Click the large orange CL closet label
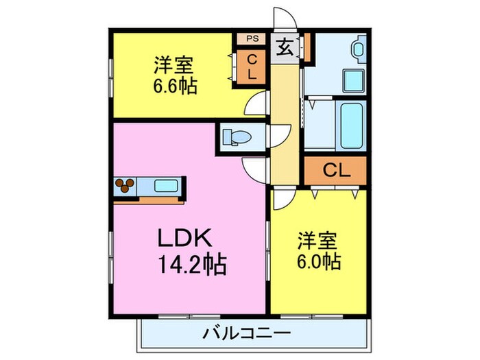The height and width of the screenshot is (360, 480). click(x=336, y=171)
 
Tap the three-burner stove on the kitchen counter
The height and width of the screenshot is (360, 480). click(x=125, y=185)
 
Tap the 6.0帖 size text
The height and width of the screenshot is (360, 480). click(x=317, y=261)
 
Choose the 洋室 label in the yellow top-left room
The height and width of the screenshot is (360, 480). click(x=173, y=67)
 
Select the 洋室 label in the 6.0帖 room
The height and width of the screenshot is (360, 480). click(x=317, y=241)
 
